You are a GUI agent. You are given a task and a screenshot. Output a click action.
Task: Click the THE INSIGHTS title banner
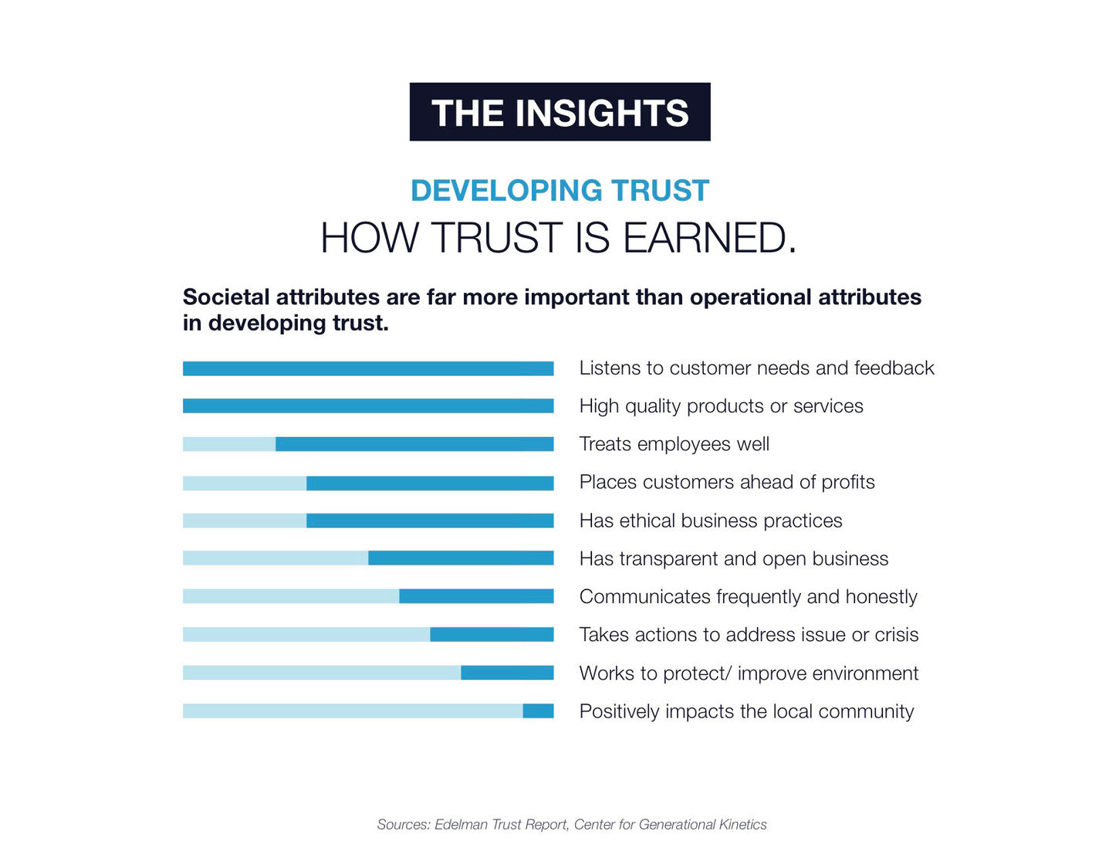[559, 112]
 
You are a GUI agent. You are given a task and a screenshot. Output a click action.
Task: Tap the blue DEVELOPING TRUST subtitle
[559, 191]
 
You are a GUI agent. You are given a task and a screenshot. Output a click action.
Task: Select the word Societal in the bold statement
[225, 297]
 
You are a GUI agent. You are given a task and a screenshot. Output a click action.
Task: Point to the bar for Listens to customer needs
[368, 368]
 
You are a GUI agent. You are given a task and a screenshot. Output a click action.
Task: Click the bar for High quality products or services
[368, 406]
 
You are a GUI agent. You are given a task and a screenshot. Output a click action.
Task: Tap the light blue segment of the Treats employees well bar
[229, 444]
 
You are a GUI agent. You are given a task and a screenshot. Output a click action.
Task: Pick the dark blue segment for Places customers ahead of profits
[430, 483]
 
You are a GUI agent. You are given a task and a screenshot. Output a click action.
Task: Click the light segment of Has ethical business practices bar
[245, 521]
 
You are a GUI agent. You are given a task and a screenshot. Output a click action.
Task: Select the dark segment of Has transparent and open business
[461, 558]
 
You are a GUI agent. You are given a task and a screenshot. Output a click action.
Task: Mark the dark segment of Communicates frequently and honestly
[476, 596]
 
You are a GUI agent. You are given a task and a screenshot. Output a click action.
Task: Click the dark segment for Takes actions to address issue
[492, 634]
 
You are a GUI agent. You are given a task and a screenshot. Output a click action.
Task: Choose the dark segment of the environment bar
[507, 673]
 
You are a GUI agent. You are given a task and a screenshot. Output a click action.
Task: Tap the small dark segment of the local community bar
[538, 711]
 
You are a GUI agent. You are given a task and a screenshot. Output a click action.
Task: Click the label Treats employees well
[674, 444]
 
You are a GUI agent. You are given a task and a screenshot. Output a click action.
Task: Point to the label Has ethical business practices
[711, 521]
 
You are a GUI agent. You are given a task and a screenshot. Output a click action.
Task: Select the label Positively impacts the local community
[746, 711]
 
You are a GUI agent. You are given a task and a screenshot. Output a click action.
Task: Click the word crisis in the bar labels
[897, 635]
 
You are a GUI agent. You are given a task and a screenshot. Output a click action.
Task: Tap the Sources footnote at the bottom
[572, 825]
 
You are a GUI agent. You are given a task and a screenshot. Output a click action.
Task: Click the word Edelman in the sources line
[461, 825]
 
